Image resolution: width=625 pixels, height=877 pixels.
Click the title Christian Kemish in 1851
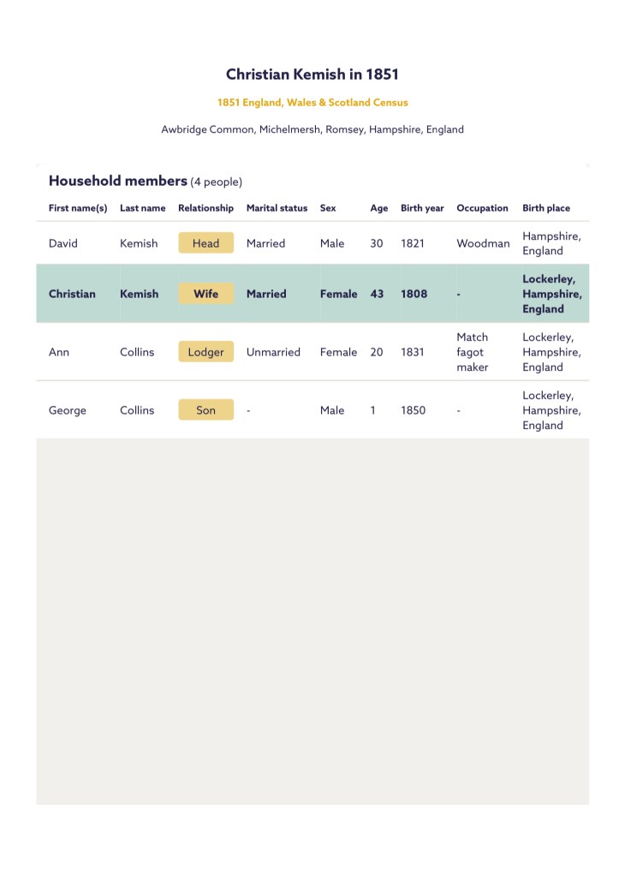[312, 75]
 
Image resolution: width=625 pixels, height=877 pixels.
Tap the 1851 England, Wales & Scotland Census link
[312, 103]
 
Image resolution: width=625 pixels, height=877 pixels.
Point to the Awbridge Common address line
[312, 130]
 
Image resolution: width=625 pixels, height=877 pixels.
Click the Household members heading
[118, 181]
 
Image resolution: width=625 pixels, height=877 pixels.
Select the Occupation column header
[482, 208]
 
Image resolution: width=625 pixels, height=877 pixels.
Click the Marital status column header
[277, 208]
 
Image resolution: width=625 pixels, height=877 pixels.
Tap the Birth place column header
[546, 208]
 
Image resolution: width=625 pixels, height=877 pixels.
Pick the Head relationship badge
[205, 243]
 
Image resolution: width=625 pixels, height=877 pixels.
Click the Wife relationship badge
[205, 294]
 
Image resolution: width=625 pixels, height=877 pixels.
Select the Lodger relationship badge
[205, 352]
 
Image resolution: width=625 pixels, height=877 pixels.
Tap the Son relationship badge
[205, 410]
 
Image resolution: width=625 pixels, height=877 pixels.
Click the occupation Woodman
[483, 243]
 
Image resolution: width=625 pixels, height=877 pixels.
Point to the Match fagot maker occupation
[472, 352]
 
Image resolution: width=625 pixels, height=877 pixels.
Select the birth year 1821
[413, 243]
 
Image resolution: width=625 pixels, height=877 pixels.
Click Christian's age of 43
[377, 294]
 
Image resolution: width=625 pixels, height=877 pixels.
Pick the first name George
[68, 410]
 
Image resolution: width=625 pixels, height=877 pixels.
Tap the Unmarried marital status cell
[273, 352]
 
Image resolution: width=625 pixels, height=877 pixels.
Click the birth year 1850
[413, 410]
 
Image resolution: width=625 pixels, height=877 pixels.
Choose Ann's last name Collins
[137, 352]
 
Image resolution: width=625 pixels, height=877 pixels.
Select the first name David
[63, 243]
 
